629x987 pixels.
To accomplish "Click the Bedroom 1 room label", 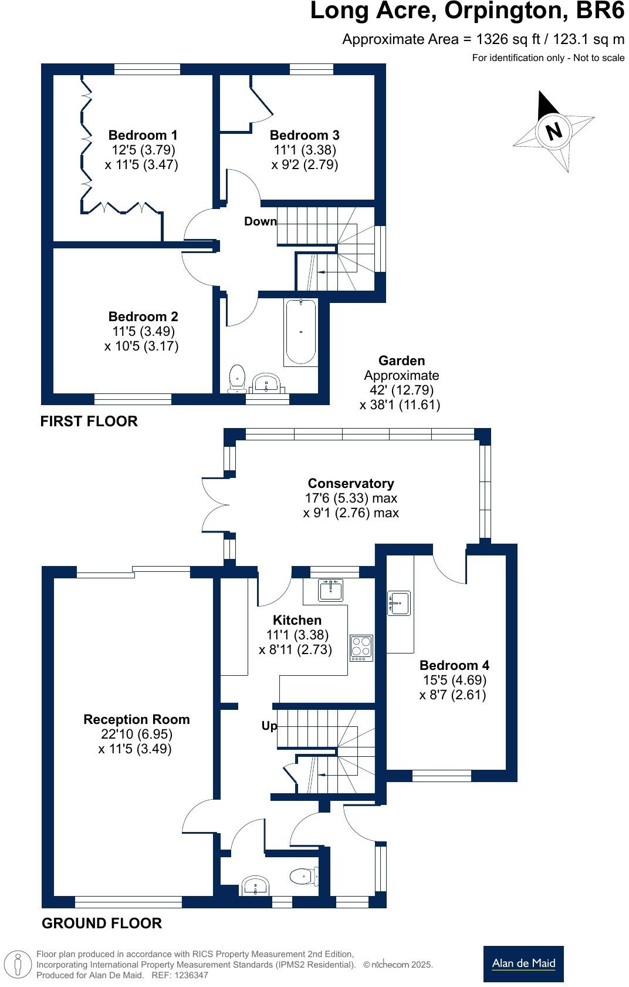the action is tap(143, 135).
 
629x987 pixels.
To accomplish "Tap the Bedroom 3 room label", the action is tap(305, 135).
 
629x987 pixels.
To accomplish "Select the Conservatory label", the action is tap(351, 483).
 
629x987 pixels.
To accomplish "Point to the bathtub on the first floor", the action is tap(301, 332).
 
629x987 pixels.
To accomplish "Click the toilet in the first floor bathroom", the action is tap(238, 379).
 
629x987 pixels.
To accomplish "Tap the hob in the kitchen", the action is tap(361, 647).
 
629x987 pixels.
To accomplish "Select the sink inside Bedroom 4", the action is tap(399, 603).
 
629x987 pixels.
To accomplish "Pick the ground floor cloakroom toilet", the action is tap(305, 877).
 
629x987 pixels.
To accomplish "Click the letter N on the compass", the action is tap(554, 130).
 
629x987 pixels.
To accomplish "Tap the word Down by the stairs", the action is tap(261, 221).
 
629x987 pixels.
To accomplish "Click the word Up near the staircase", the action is tap(269, 726).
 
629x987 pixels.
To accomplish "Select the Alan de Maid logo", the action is tap(523, 964).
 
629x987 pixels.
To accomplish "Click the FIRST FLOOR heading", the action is tap(89, 421).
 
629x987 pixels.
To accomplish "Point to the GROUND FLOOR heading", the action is tap(102, 923).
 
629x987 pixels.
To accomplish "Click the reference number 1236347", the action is tap(191, 975).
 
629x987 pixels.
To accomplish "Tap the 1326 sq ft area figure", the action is tap(508, 39).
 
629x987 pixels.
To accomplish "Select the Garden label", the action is tap(401, 361).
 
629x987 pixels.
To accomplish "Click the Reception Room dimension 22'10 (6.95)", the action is tap(137, 733).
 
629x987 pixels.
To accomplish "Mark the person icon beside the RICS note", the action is tap(18, 965).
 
